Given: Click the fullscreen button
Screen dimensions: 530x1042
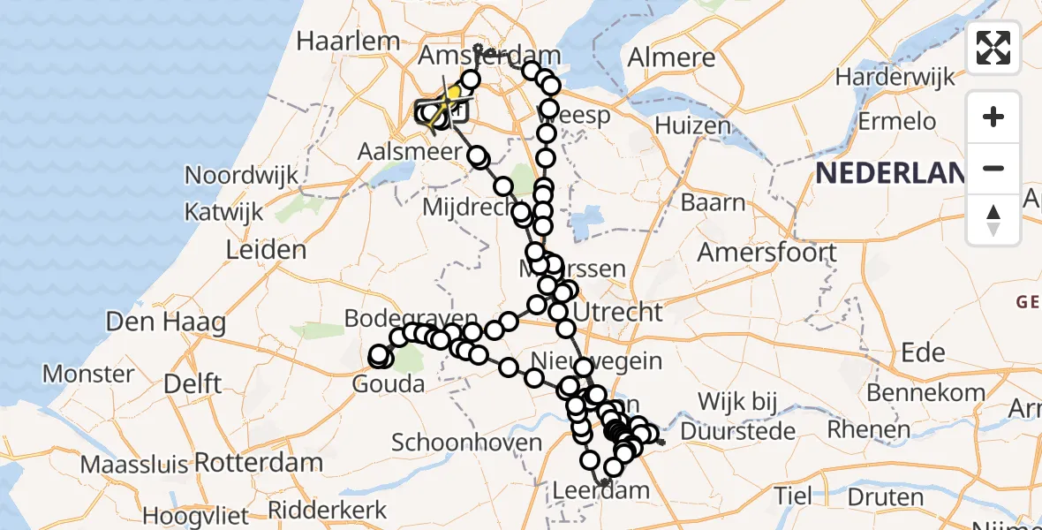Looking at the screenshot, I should [x=993, y=48].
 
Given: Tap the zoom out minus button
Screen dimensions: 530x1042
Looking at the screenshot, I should [x=993, y=168].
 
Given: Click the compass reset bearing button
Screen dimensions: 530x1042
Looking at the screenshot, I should [x=993, y=219].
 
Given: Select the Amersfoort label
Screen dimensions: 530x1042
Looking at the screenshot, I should [x=767, y=252].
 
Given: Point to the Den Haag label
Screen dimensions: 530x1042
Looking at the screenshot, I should [x=165, y=322].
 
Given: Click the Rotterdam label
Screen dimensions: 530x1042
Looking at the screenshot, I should [x=258, y=462].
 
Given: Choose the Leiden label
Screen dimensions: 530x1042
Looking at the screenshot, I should [x=266, y=250].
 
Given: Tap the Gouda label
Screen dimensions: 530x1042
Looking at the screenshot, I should [x=388, y=384].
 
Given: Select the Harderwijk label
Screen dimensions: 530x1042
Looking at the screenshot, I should [x=895, y=77].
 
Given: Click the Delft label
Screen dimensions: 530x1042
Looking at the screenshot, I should [x=193, y=384].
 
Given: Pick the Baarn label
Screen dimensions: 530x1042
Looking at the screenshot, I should [x=713, y=202].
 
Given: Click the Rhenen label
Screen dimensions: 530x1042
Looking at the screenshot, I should [x=868, y=430].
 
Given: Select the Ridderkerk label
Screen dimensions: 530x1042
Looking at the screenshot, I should [x=327, y=510].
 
